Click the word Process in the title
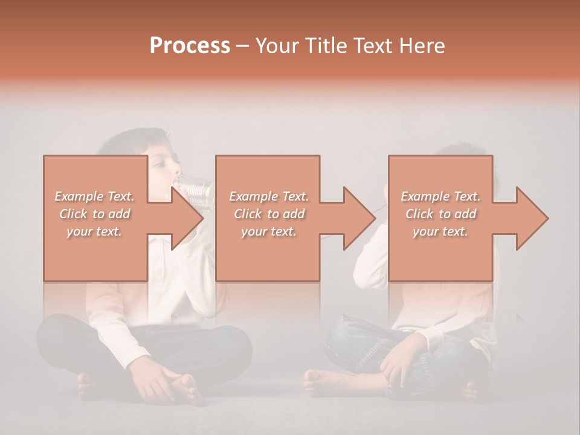(190, 46)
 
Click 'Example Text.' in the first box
(94, 196)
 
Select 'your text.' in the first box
(94, 231)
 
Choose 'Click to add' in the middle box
(269, 214)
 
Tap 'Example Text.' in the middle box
(269, 196)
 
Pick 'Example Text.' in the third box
(440, 196)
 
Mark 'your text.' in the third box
(440, 231)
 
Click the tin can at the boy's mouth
(196, 187)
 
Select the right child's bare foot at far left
(320, 381)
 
